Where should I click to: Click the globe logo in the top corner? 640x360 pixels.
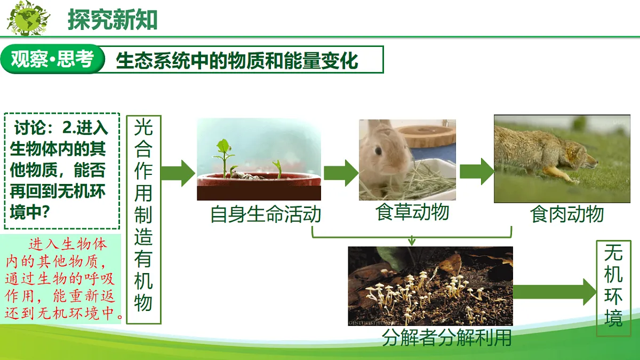pos(28,19)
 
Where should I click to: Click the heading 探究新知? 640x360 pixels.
pos(113,19)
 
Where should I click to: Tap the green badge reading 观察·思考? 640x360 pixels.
pos(52,59)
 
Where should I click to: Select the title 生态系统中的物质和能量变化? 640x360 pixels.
pos(237,60)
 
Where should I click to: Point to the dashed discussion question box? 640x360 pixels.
pos(61,171)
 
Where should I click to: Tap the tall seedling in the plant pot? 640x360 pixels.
pos(224,155)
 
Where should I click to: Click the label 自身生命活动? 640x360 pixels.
pos(266,214)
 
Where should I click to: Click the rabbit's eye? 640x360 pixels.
pos(378,151)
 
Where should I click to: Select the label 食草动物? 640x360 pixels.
pos(412,212)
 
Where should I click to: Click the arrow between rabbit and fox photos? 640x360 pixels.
pos(476,172)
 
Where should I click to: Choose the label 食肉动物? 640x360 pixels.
pos(566,214)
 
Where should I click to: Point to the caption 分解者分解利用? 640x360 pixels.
pos(447,338)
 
